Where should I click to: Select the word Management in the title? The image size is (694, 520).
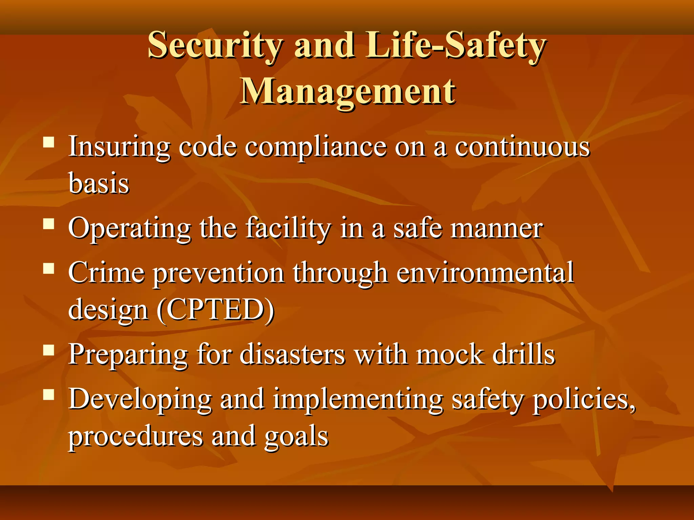(x=348, y=91)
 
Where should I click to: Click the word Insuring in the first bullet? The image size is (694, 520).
(x=119, y=147)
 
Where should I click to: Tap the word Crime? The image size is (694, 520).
(x=106, y=273)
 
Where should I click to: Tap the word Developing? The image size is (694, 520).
(x=140, y=399)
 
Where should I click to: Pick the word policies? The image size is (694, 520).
(x=584, y=399)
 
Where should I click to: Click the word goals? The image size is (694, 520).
(x=296, y=436)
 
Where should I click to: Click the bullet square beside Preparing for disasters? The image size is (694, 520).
(x=49, y=351)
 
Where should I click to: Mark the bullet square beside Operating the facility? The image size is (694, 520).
(x=49, y=224)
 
